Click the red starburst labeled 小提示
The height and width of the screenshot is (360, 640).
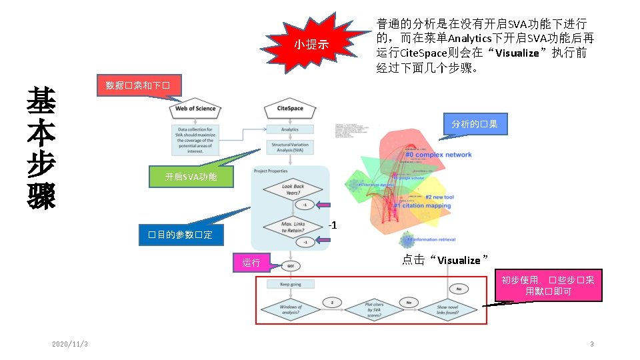pos(312,45)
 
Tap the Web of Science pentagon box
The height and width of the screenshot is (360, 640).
pos(195,109)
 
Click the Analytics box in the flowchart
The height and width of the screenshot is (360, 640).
pos(289,129)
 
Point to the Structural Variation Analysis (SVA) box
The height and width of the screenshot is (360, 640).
pos(289,147)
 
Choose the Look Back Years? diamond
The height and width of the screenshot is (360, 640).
pos(292,190)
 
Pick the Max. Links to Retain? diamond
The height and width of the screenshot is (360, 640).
pos(292,227)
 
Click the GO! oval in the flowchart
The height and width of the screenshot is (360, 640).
pos(291,266)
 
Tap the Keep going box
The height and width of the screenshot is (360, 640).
pos(290,284)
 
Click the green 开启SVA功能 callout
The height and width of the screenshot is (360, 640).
pos(191,177)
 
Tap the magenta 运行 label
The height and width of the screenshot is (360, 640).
pos(251,263)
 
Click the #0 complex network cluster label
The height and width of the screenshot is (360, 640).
pos(438,155)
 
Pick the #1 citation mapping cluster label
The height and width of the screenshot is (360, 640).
pos(422,206)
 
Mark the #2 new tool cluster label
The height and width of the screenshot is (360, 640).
pos(439,197)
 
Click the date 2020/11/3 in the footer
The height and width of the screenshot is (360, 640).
pos(70,344)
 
